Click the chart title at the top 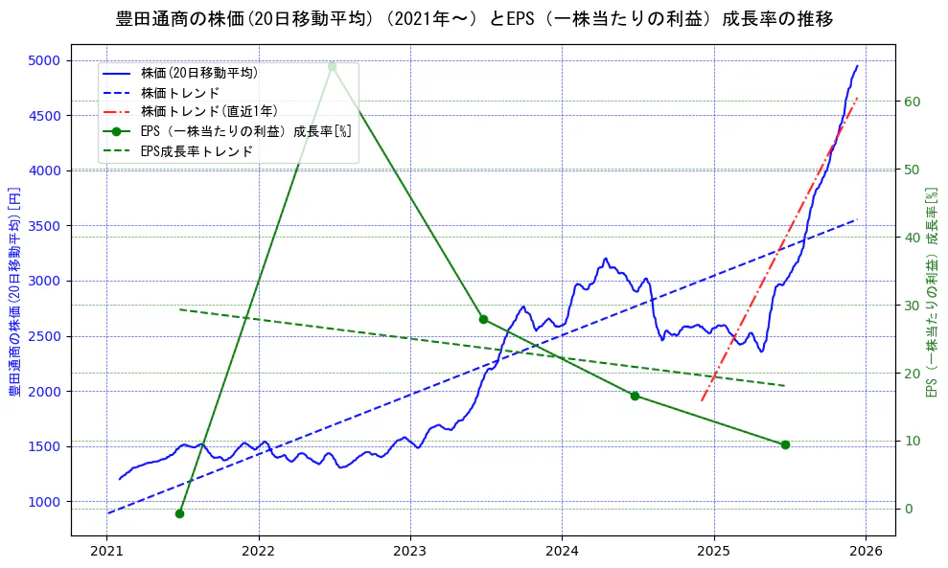click(x=474, y=19)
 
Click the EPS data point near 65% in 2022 click(x=332, y=66)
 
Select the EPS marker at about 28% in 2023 click(x=483, y=319)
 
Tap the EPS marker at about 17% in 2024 click(x=635, y=396)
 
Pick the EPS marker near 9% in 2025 click(x=785, y=444)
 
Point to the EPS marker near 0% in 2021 click(x=179, y=513)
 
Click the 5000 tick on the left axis click(x=44, y=60)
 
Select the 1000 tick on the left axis click(x=44, y=502)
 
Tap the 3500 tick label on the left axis click(x=44, y=226)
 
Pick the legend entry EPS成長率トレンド click(x=197, y=151)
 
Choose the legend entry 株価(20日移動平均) click(x=198, y=72)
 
